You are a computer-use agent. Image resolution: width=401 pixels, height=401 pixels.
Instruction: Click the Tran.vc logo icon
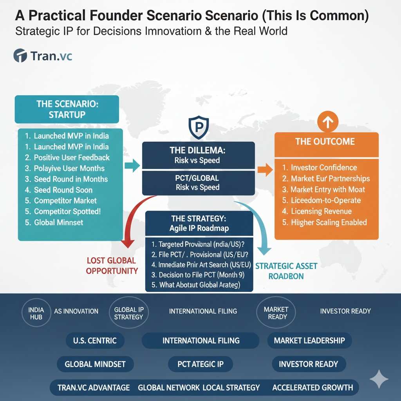coord(20,56)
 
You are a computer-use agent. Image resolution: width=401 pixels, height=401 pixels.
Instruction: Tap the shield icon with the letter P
coord(199,127)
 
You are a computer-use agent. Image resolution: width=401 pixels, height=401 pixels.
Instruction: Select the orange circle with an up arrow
coord(328,122)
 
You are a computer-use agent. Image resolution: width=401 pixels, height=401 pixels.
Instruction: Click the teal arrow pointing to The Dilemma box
coord(132,165)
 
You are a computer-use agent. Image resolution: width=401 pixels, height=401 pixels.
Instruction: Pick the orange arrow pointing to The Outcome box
coord(265,170)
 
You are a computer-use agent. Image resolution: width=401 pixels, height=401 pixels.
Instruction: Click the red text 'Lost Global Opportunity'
coord(112,266)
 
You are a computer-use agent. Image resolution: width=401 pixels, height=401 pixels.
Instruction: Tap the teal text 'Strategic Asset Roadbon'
coord(286,271)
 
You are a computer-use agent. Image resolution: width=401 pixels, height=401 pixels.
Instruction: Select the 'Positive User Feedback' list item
coord(67,157)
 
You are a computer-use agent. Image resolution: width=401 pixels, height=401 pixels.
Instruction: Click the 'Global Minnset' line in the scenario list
coord(54,222)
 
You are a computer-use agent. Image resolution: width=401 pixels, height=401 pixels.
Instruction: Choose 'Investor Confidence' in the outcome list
coord(320,168)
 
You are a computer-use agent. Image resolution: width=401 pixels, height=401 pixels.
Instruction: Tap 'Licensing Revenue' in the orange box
coord(317,211)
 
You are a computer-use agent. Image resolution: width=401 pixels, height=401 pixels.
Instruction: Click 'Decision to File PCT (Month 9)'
coord(198,275)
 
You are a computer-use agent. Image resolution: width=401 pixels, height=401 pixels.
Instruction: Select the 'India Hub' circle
coord(36,313)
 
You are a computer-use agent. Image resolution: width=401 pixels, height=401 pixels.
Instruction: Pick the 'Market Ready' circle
coord(276,312)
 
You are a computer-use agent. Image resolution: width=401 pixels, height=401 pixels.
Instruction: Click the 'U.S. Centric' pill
coord(95,340)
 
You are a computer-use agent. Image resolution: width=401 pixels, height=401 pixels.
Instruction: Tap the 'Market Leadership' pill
coord(309,340)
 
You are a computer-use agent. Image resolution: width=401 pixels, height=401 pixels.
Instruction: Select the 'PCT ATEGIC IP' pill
coord(200,364)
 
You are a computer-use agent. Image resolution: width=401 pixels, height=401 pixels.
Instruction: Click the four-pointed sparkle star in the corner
coord(379,379)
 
